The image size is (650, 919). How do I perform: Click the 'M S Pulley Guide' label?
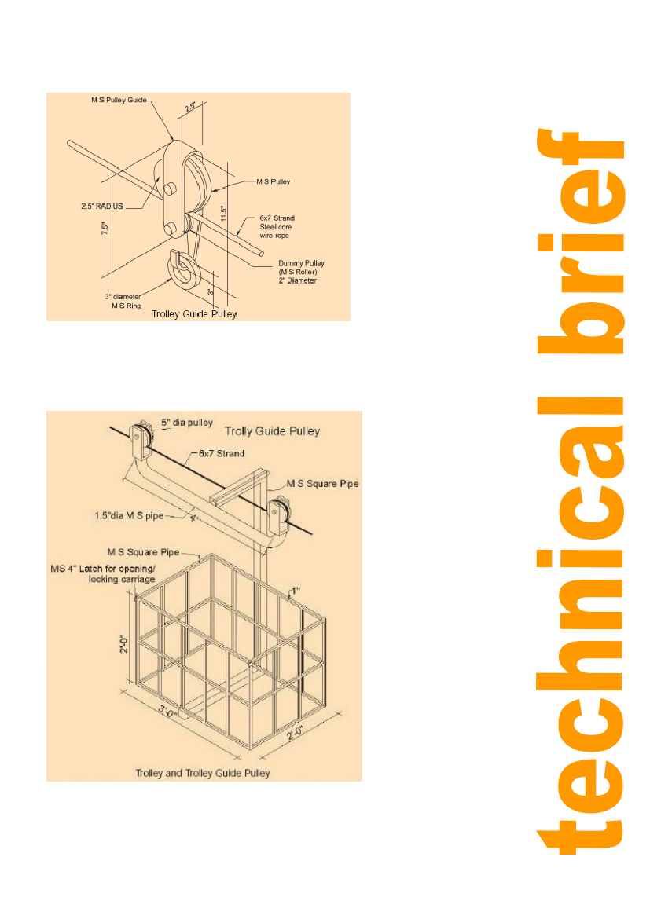(x=119, y=101)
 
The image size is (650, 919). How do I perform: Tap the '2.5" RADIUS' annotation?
(x=102, y=207)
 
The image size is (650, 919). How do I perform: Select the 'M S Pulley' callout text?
(x=273, y=181)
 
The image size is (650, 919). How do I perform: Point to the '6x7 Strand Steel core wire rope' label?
(x=277, y=227)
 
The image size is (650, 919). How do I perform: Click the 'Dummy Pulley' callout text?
(x=301, y=263)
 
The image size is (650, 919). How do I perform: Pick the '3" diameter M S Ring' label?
(x=123, y=302)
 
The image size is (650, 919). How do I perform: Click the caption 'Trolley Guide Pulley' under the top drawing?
(x=194, y=314)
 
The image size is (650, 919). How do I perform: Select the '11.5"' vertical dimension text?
(x=223, y=214)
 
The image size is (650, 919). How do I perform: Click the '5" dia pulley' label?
(x=186, y=423)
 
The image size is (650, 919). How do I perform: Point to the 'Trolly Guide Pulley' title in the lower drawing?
(x=272, y=431)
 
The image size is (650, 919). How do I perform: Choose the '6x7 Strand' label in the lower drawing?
(x=221, y=454)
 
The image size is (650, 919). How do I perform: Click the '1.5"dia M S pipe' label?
(x=129, y=516)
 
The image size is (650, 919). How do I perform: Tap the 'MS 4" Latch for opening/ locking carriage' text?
(x=103, y=574)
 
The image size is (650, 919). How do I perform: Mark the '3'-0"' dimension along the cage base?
(x=167, y=713)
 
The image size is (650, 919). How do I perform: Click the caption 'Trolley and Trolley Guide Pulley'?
(x=203, y=773)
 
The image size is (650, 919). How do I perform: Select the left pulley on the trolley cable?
(x=141, y=440)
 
